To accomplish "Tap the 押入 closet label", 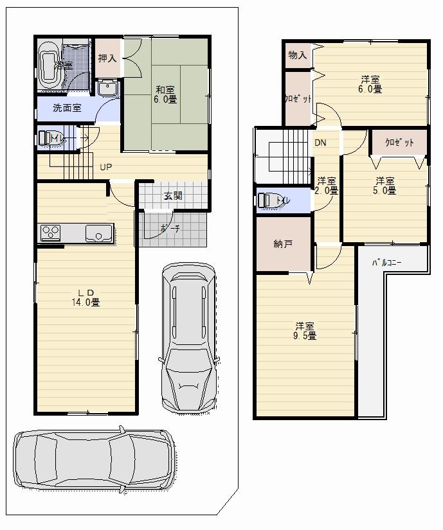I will coord(107,58).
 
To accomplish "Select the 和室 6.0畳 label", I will coord(165,94).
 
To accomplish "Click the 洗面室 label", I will coord(67,108).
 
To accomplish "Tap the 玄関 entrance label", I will coord(172,195).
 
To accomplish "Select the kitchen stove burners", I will coord(51,233).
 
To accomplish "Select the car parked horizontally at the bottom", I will coord(94,457).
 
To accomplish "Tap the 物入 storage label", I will coord(297,55).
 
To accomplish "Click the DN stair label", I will coord(320,143).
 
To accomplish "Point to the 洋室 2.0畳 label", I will coord(327,186).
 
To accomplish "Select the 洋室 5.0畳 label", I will coord(385,185).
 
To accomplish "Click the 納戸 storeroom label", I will coord(283,243).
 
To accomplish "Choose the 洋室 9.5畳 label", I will coord(305,330).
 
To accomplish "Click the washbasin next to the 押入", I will coord(107,89).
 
